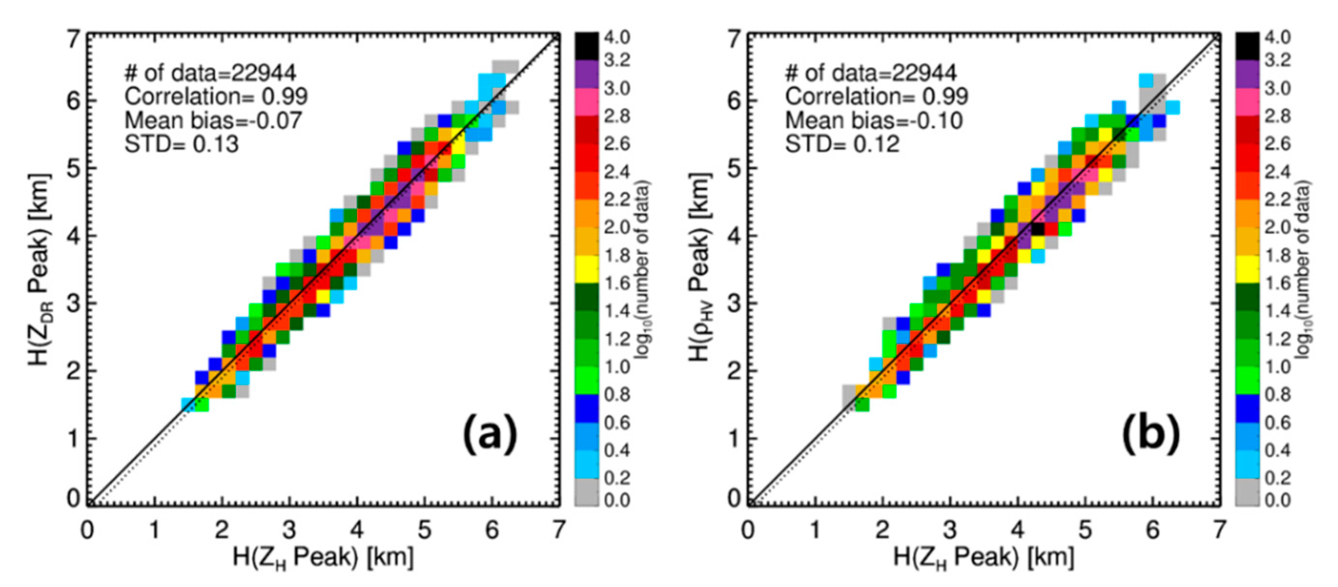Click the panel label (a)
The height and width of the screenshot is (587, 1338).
coord(490,435)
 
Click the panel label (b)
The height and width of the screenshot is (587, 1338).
coord(1150,435)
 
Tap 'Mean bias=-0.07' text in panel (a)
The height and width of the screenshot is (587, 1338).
coord(213,120)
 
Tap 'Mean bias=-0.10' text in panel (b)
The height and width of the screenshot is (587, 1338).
coord(874,120)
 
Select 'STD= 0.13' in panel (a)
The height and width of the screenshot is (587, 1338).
coord(182,144)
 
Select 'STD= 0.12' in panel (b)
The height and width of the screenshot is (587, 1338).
coord(842,144)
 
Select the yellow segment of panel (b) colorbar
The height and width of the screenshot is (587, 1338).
coord(1247,269)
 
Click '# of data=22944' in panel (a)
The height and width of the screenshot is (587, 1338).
coord(210,73)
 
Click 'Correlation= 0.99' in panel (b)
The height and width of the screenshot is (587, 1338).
coord(876,97)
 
